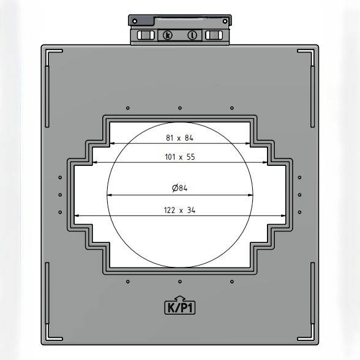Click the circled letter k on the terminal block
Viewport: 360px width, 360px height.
pyautogui.click(x=168, y=35)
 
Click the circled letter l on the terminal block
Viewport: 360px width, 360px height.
pyautogui.click(x=192, y=35)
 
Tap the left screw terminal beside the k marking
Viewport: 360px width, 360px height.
pyautogui.click(x=146, y=35)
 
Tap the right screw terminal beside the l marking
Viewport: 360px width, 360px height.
pyautogui.click(x=214, y=35)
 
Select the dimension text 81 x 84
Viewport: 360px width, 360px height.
pyautogui.click(x=180, y=138)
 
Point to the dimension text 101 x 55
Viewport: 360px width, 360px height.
pyautogui.click(x=180, y=157)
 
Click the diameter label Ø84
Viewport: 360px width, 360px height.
pyautogui.click(x=179, y=189)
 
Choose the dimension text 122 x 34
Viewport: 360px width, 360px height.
pyautogui.click(x=180, y=210)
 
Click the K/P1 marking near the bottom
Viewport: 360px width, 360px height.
pyautogui.click(x=180, y=307)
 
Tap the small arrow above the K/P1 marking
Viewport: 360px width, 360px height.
pyautogui.click(x=180, y=298)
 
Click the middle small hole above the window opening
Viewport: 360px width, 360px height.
pyautogui.click(x=179, y=108)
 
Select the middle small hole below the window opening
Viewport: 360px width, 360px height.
pyautogui.click(x=179, y=282)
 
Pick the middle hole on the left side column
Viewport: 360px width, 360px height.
pyautogui.click(x=60, y=195)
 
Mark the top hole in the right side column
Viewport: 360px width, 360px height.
pyautogui.click(x=299, y=178)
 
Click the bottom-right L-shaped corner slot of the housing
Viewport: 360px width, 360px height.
pyautogui.click(x=310, y=336)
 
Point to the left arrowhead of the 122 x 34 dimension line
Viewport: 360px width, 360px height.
pyautogui.click(x=77, y=216)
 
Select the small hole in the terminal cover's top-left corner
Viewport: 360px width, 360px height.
pyautogui.click(x=134, y=21)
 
